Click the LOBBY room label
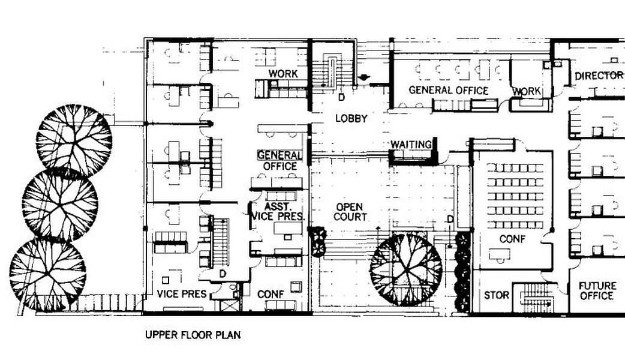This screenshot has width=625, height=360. coord(351,118)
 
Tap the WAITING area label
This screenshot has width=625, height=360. coord(411,145)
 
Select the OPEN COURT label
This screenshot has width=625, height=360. coord(350,212)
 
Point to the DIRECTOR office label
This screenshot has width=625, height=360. coord(599,76)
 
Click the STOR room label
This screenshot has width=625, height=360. coord(496,295)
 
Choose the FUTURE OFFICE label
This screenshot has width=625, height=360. coord(597,291)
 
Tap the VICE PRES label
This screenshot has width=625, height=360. coord(182,294)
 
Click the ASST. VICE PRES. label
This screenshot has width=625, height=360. coord(278,212)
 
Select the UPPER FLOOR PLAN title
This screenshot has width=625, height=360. coord(193,334)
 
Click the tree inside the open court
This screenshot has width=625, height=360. coord(406,270)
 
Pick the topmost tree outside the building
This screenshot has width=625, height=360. coord(74,140)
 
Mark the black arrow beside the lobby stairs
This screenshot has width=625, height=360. coord(364,77)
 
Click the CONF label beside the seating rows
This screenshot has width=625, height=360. coord(512,239)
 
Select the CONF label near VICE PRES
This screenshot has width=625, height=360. coord(271,294)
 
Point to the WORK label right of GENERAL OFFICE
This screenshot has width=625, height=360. coord(527,91)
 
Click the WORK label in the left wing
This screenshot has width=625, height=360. coord(283,73)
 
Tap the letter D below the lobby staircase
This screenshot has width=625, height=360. coord(342,97)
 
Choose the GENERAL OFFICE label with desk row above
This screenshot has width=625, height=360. coord(449,91)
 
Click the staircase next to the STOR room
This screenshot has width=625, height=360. coord(536,298)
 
